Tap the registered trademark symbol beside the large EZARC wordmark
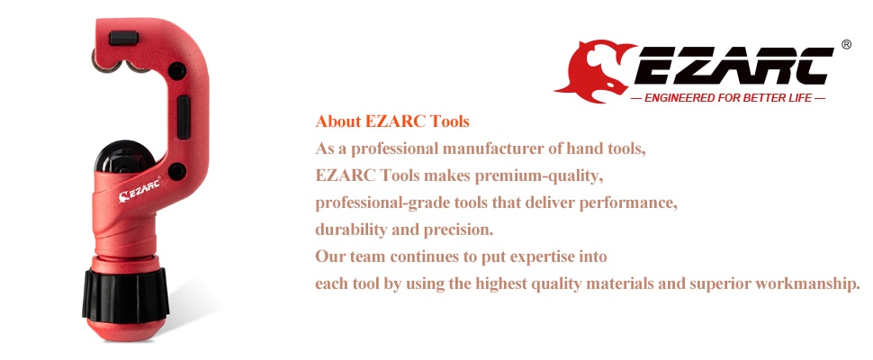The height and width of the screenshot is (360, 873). click(x=846, y=44)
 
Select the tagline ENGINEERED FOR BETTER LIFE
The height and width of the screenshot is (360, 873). click(x=728, y=98)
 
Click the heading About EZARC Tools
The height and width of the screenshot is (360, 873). click(x=392, y=121)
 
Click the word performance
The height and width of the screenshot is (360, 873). click(x=628, y=203)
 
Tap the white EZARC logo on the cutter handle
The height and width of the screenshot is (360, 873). click(x=139, y=190)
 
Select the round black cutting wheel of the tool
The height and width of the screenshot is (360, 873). click(x=125, y=157)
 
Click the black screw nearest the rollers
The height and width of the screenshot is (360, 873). click(x=177, y=71)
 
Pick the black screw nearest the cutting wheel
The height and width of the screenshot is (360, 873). click(x=177, y=171)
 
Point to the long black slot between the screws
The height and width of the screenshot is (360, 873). click(x=184, y=117)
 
